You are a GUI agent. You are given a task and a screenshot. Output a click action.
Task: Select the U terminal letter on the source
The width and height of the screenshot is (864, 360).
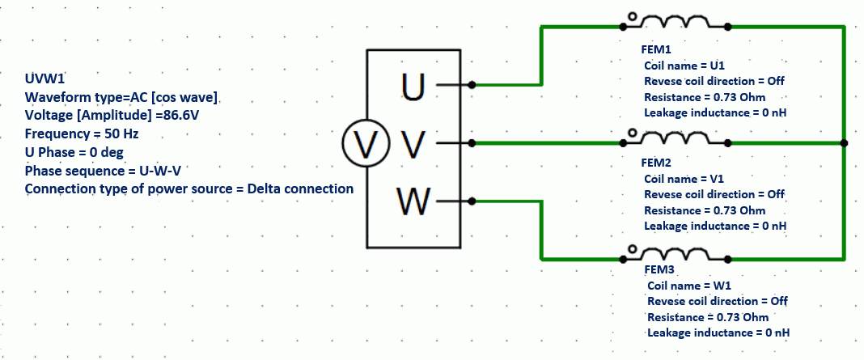[x=413, y=86]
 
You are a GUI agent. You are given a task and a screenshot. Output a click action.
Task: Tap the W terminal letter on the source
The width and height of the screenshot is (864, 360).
[x=413, y=201]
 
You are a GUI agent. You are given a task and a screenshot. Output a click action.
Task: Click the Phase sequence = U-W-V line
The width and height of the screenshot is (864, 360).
[x=106, y=171]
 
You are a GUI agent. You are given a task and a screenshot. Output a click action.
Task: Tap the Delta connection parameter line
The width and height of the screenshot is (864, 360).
[x=189, y=189]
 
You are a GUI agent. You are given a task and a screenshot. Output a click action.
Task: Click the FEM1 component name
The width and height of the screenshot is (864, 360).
[x=656, y=50]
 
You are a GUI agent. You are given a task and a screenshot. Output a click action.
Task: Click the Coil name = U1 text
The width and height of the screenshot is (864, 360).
[x=688, y=65]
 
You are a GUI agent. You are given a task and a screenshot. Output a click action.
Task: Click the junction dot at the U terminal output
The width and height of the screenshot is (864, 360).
[x=472, y=84]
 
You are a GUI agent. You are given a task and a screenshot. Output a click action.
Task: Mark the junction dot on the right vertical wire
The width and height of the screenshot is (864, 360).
[x=844, y=143]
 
